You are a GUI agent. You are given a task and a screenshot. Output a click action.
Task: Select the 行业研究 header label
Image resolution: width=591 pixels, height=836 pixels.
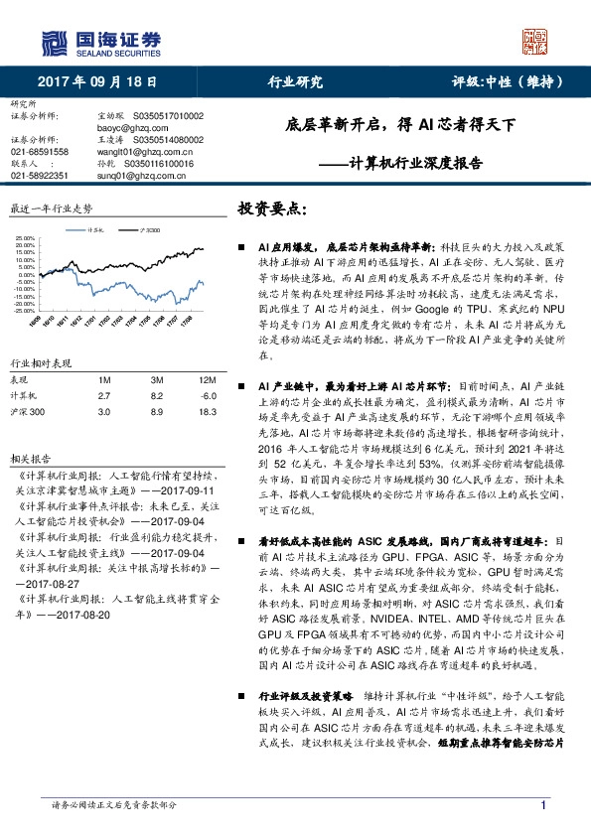click(296, 81)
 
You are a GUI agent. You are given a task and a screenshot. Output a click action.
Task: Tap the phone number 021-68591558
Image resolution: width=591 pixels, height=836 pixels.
click(40, 152)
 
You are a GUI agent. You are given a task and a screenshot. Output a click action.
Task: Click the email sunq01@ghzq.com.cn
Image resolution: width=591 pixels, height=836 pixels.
click(110, 175)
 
